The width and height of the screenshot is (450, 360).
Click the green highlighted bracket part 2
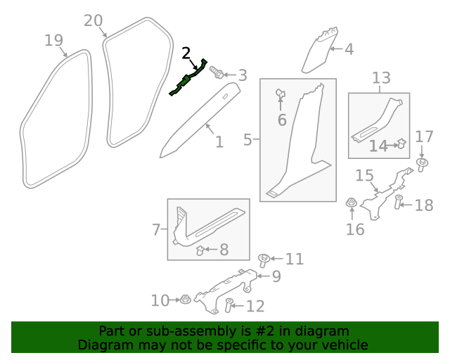coord(188,78)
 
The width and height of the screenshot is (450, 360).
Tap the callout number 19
coord(54,40)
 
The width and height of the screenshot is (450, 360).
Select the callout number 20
coord(94,21)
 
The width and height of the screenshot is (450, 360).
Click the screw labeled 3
coord(217,73)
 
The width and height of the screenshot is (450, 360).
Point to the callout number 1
coord(219,142)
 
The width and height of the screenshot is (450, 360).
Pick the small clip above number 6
coord(280,93)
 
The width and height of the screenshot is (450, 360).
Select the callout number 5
coord(247,140)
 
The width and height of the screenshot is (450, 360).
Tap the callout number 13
coord(380,77)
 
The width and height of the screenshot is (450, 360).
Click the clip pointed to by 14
coord(401,144)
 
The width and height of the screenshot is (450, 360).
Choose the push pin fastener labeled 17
coord(422,165)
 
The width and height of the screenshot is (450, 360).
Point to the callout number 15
coord(364,175)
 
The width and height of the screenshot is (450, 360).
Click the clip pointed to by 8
coord(200,250)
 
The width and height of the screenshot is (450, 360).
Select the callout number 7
coord(156,229)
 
